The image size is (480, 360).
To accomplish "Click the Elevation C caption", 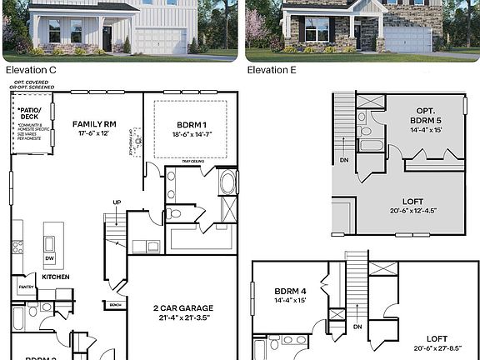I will (30, 71).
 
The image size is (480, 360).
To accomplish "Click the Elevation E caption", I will (272, 71).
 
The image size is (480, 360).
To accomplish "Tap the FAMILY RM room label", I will (92, 123).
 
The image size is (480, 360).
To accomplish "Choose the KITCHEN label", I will (55, 277).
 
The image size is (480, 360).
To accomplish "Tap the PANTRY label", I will (26, 287).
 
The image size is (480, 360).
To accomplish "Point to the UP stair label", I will (117, 202).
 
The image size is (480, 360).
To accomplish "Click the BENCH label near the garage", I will (116, 305).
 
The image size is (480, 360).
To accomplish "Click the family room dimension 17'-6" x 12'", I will (92, 133).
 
